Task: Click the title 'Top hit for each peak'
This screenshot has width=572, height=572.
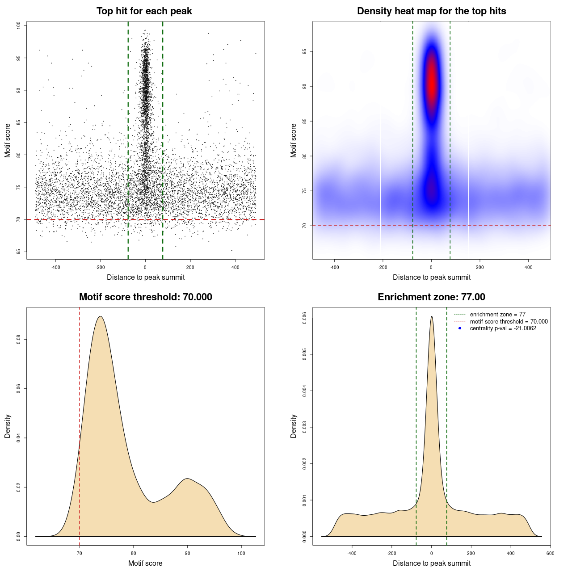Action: pyautogui.click(x=144, y=11)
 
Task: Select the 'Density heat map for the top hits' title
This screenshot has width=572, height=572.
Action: pyautogui.click(x=431, y=11)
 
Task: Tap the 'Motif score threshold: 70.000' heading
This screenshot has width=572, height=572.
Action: pyautogui.click(x=145, y=297)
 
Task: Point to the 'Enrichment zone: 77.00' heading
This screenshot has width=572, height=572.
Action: pyautogui.click(x=431, y=297)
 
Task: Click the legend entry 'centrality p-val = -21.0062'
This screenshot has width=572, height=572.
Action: pyautogui.click(x=503, y=328)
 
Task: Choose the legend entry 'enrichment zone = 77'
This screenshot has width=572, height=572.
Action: pyautogui.click(x=497, y=315)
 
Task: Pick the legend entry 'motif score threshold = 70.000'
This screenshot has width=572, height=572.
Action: pyautogui.click(x=509, y=322)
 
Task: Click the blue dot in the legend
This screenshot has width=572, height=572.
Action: pyautogui.click(x=460, y=328)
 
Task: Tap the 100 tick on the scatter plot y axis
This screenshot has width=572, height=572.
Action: pyautogui.click(x=19, y=25)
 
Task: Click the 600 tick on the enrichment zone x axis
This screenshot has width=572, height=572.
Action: pyautogui.click(x=550, y=553)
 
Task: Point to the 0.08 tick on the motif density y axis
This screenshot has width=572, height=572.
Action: pyautogui.click(x=19, y=340)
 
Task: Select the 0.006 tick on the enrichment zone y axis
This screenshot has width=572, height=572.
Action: pyautogui.click(x=305, y=318)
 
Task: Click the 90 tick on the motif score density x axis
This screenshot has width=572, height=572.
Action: pyautogui.click(x=188, y=553)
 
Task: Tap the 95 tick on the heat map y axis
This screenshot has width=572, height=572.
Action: pyautogui.click(x=305, y=52)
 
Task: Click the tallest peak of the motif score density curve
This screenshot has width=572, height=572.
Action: pyautogui.click(x=100, y=316)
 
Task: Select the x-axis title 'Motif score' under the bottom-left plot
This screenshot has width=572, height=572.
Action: pyautogui.click(x=145, y=563)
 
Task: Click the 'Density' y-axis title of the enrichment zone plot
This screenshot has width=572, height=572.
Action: pyautogui.click(x=294, y=426)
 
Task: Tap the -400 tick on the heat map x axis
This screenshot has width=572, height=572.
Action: pyautogui.click(x=334, y=267)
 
